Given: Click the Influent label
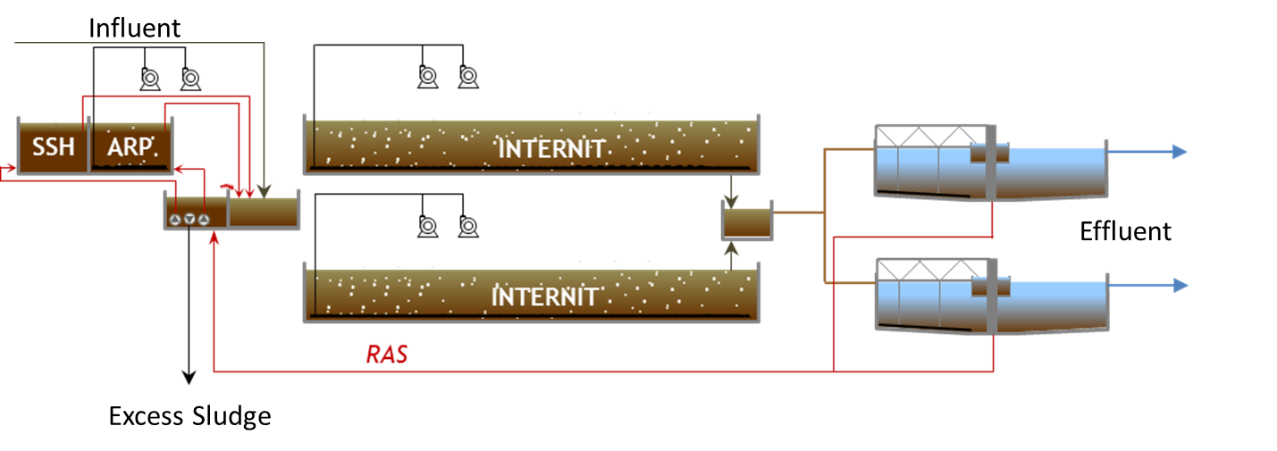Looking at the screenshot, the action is pos(135,28).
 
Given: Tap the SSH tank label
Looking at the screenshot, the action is pos(53,147).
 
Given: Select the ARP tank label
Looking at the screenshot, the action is pos(130,147).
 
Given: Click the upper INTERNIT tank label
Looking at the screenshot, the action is pos(550,149).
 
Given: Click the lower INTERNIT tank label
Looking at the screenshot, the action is pos(544,296).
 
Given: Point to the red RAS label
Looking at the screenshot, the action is pos(387,355).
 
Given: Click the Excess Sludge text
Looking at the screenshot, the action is pos(189,416).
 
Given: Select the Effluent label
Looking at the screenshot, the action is pos(1125,231).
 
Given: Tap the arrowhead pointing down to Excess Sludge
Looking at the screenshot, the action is pos(189,377).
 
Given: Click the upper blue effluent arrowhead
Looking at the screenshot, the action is pos(1180,152).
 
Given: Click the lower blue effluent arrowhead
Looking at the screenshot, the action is pos(1180,285).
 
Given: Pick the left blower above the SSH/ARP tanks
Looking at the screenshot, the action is pos(150,79).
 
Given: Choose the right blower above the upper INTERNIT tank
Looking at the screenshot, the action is pos(468,76).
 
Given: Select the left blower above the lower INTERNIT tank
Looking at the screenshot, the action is pos(427,225).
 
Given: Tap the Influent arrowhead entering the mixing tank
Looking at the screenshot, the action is pos(264,192).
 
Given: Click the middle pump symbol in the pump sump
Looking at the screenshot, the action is pos(189,219).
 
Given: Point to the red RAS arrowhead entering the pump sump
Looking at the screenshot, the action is pos(214,238).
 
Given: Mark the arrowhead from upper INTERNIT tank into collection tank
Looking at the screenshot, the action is pos(731,202).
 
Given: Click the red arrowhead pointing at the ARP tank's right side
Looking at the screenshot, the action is pos(179,169).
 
